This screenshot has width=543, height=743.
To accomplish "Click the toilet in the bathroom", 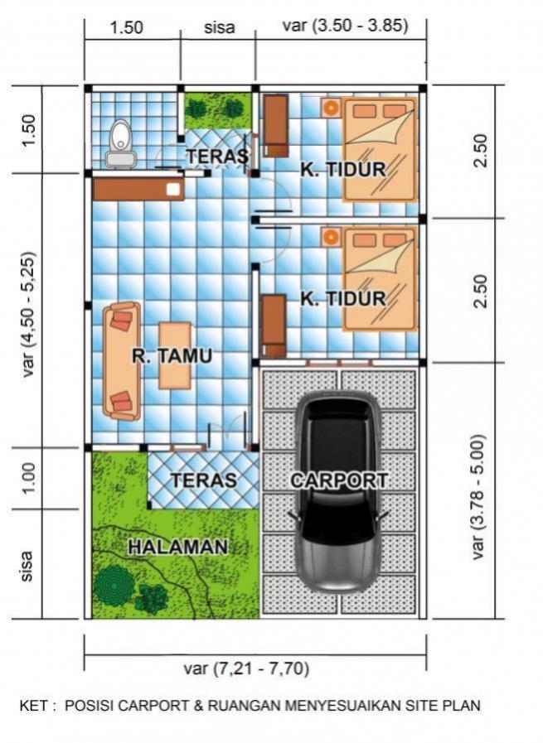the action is [121, 144].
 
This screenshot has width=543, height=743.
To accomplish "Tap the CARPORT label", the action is [338, 480].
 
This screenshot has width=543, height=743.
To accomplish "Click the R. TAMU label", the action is [172, 356].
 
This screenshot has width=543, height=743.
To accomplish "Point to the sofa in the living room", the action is [123, 361].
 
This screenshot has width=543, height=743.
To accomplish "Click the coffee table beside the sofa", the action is [175, 356].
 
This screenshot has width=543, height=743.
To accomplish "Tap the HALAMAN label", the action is [178, 548].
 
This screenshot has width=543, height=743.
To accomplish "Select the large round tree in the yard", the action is [114, 584].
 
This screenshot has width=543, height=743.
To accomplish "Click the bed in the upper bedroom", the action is [380, 149].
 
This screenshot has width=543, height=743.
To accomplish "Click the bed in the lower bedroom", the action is [380, 279].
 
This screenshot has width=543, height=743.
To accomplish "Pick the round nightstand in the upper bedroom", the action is [331, 107].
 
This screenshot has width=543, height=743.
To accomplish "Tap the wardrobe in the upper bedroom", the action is [275, 126].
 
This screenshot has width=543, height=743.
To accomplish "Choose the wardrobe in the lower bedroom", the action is [274, 326].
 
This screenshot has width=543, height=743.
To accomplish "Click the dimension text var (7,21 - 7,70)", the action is [246, 668].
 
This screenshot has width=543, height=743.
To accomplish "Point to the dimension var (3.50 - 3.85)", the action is [345, 25].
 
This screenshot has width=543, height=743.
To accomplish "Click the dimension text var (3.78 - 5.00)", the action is [479, 497].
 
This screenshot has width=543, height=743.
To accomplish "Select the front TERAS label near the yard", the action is [203, 480].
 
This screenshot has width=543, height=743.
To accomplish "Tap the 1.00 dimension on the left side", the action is [28, 478].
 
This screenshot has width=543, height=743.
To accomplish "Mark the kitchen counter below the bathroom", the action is [138, 189].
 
